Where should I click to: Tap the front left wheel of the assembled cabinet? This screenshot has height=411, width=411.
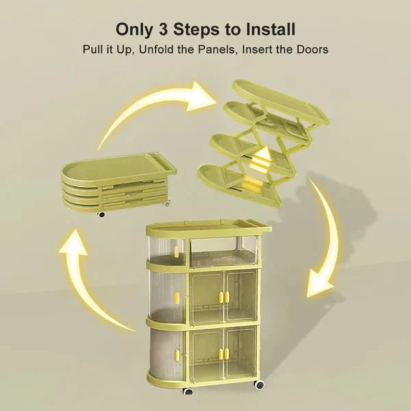[x=188, y=391]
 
